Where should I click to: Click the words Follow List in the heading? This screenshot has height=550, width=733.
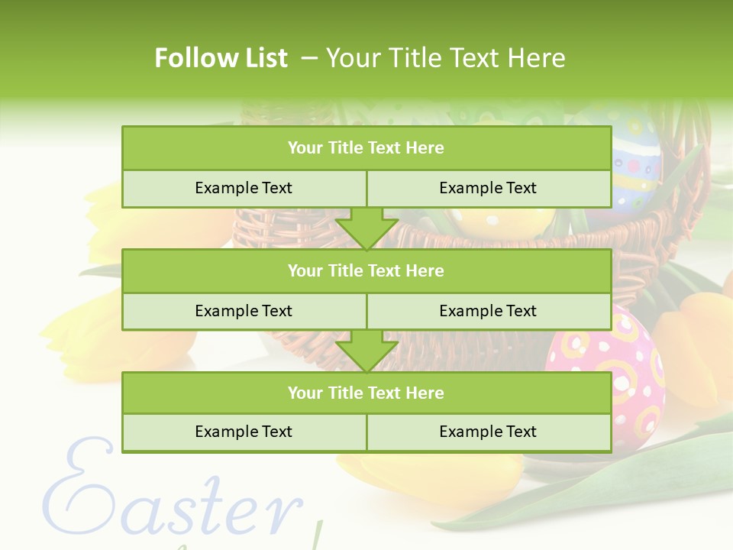click(221, 58)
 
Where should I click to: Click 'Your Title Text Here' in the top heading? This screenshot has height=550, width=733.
click(445, 58)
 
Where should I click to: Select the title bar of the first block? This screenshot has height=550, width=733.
click(366, 147)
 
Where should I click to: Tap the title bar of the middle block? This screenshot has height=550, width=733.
click(366, 270)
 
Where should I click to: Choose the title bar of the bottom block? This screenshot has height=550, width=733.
click(366, 393)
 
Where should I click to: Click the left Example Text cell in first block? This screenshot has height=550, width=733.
click(244, 188)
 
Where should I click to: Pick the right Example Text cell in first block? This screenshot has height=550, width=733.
click(488, 188)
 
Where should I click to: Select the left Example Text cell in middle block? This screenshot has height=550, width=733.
click(244, 311)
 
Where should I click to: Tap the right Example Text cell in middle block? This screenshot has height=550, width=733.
click(488, 311)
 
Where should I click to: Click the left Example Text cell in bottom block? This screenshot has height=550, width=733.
click(244, 432)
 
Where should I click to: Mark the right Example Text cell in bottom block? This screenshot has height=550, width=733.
click(488, 432)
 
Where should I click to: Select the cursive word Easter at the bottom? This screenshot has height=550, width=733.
click(172, 497)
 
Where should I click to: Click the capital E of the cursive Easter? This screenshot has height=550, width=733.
click(76, 489)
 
